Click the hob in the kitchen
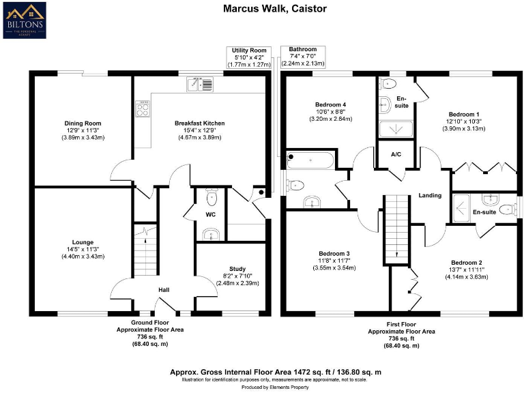pyautogui.click(x=144, y=110)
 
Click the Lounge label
pyautogui.click(x=83, y=242)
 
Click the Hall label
pyautogui.click(x=164, y=290)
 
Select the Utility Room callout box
pyautogui.click(x=248, y=57)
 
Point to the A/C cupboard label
pyautogui.click(x=396, y=155)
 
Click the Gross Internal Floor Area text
pyautogui.click(x=275, y=372)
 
